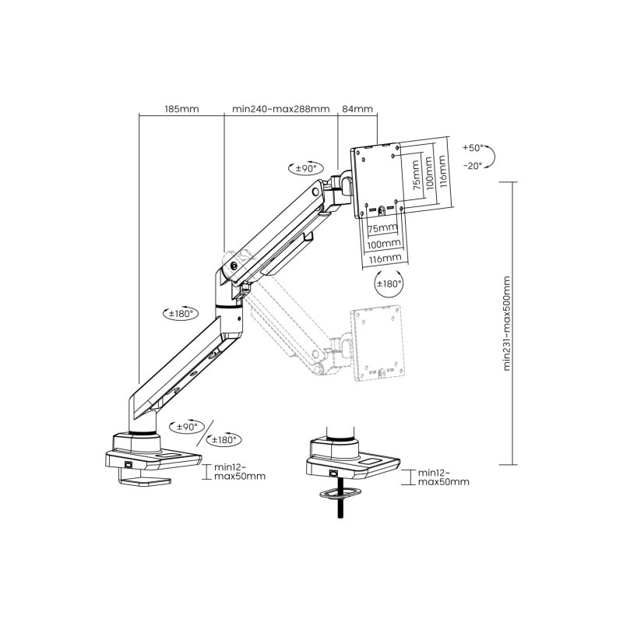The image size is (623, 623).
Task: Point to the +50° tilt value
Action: pos(472,147)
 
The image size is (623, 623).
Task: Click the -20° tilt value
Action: pos(472,165)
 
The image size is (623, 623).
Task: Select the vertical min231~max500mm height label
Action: pos(507,323)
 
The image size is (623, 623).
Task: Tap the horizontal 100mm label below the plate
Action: pos(382,243)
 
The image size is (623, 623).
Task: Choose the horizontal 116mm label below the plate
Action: pos(382,257)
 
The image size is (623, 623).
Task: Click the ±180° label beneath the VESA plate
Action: pos(389,283)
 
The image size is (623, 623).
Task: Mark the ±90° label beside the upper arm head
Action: pos(304,167)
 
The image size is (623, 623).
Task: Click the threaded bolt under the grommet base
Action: pos(340,509)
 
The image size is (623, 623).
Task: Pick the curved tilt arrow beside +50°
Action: pos(496,156)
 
